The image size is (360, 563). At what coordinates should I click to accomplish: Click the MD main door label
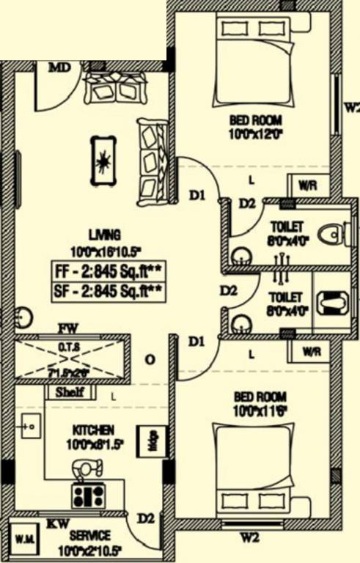click(x=60, y=68)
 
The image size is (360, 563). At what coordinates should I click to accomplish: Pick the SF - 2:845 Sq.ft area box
click(x=107, y=291)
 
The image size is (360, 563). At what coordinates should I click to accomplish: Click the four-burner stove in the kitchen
click(x=87, y=496)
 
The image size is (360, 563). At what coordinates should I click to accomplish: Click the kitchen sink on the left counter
click(x=29, y=424)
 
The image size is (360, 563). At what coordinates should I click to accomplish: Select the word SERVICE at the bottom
click(x=90, y=536)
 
